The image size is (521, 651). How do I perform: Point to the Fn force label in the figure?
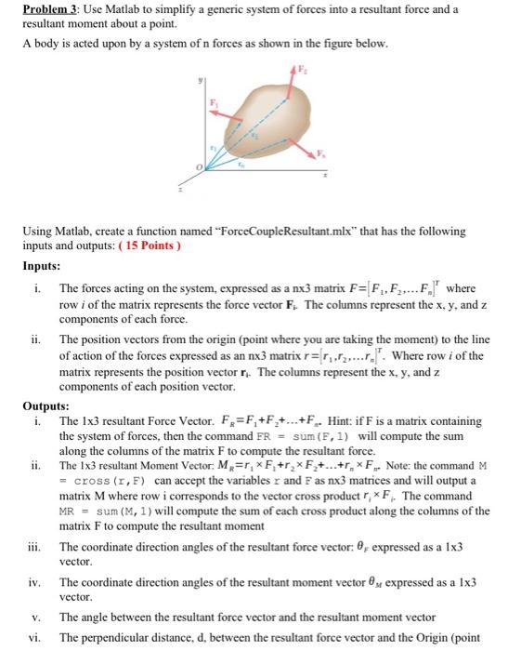(x=322, y=152)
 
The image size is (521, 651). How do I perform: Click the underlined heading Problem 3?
(x=53, y=10)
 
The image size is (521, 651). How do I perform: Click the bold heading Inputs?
(x=42, y=265)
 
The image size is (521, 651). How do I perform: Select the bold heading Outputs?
(x=46, y=406)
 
